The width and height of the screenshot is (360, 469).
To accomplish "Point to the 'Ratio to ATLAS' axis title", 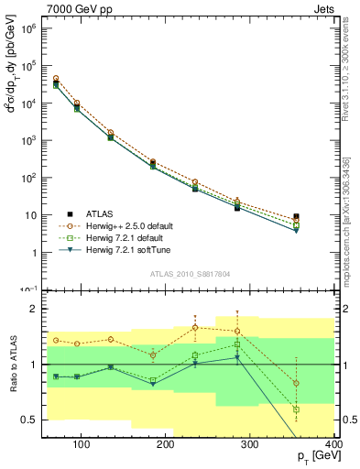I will coord(14,364).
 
